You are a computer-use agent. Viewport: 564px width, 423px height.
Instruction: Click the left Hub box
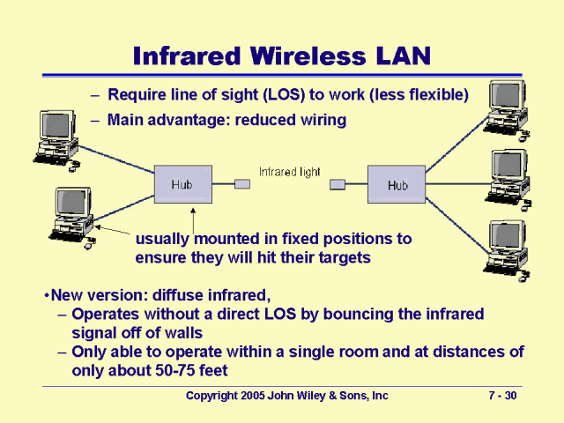click(x=182, y=184)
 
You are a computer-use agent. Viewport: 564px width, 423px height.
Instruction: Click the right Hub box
click(x=397, y=185)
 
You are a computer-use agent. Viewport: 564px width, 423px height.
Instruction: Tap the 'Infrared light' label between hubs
click(x=289, y=172)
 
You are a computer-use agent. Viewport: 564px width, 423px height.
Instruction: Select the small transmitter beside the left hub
click(x=242, y=184)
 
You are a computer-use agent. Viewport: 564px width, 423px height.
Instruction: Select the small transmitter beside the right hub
click(x=337, y=184)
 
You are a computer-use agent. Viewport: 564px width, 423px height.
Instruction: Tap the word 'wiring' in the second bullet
click(x=321, y=119)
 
